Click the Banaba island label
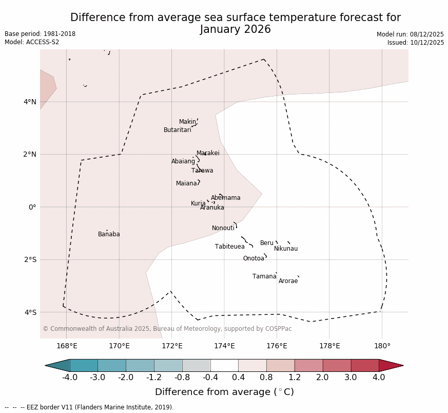109,234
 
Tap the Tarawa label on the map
202,171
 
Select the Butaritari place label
177,130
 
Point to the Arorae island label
288,281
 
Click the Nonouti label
223,228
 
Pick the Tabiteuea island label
229,247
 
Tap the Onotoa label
254,258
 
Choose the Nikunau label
286,249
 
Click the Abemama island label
225,198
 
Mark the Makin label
187,122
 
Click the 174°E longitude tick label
224,346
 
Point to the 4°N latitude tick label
30,102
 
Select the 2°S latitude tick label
30,259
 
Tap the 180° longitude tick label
382,346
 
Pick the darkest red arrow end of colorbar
393,365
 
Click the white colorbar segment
224,365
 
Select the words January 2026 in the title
236,30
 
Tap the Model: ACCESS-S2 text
32,42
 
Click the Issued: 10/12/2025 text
416,43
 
